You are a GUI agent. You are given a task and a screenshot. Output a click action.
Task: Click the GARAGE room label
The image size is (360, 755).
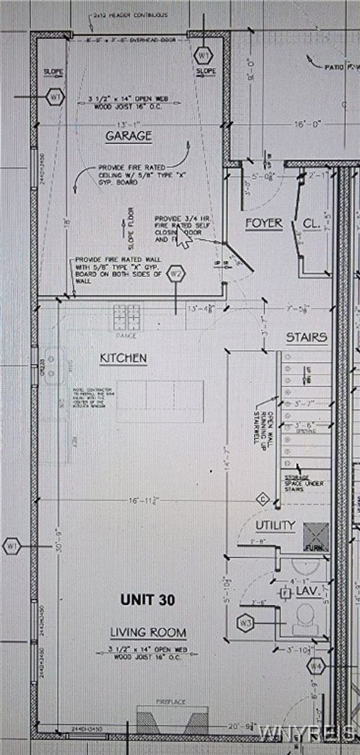128,136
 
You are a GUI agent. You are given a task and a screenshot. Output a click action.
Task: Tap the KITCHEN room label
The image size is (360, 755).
123,358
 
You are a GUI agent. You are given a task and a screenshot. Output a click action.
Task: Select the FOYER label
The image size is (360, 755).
263,223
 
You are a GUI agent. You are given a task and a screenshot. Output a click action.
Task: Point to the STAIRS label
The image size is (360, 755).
306,337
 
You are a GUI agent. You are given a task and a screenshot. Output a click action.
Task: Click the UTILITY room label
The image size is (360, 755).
274,526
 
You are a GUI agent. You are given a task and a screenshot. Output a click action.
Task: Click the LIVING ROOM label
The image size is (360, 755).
148,632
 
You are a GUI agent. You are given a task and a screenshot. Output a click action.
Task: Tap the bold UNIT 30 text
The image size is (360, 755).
150,600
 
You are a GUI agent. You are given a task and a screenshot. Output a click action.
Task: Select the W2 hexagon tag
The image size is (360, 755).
176,274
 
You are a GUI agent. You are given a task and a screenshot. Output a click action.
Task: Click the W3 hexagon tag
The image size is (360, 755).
246,622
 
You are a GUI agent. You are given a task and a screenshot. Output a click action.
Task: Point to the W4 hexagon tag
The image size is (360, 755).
316,665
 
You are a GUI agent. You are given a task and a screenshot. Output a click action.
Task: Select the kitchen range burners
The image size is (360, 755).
127,316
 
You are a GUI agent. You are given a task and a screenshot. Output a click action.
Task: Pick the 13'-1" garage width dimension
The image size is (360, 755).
127,124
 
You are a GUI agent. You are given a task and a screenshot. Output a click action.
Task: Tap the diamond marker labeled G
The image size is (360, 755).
262,499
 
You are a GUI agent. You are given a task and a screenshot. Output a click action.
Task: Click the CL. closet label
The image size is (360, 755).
311,223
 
